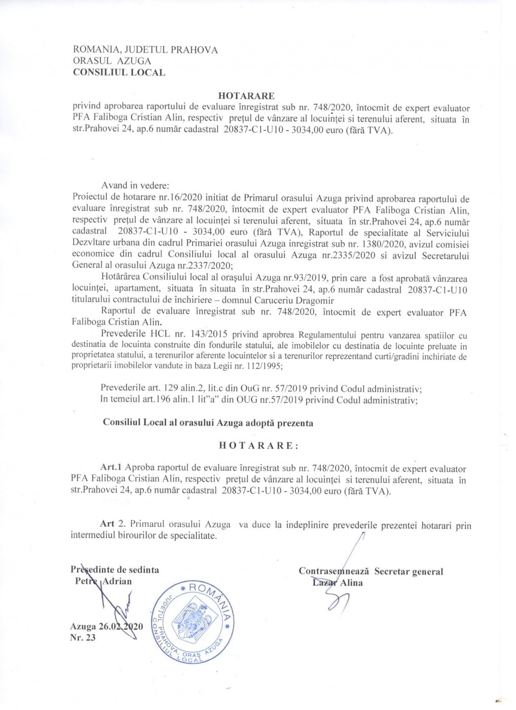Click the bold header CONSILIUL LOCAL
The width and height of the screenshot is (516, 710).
coord(119,73)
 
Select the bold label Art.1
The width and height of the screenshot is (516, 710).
coord(112,468)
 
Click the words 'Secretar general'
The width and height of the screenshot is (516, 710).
coord(409,572)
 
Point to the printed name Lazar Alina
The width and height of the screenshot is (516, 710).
coord(338,583)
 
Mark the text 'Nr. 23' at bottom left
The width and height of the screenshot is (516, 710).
coord(83,637)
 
